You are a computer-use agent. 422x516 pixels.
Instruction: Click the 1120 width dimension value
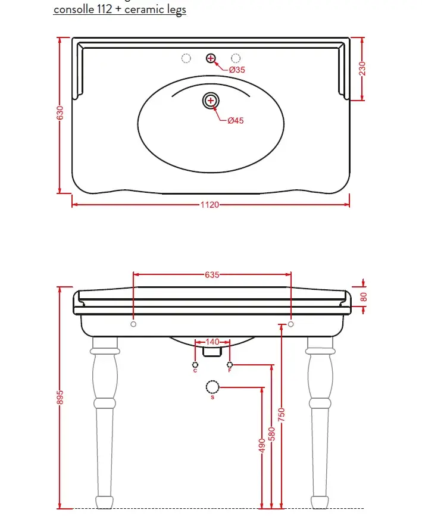[210, 205]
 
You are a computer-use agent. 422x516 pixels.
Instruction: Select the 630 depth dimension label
[60, 113]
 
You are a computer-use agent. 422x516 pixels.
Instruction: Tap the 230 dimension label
[362, 68]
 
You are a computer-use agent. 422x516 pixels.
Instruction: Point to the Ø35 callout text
[237, 70]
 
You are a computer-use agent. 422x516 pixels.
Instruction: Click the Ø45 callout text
[236, 120]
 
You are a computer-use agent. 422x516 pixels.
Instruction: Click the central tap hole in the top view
[211, 58]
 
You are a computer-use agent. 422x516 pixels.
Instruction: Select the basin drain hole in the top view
[211, 101]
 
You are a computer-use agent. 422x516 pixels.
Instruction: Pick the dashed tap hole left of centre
[186, 58]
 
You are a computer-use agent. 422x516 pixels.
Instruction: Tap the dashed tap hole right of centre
[236, 58]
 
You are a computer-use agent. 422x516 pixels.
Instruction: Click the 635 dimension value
[212, 274]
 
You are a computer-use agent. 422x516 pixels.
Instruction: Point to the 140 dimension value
[212, 342]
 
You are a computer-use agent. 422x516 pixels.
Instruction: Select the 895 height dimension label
[60, 397]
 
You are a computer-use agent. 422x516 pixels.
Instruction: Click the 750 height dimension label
[282, 415]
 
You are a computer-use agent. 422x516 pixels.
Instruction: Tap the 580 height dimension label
[271, 434]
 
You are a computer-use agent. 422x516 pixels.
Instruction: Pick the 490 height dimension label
[262, 446]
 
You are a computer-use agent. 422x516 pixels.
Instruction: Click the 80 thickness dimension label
[364, 297]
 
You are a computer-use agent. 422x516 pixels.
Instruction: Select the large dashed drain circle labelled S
[212, 387]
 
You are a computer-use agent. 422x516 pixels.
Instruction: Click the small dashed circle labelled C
[195, 365]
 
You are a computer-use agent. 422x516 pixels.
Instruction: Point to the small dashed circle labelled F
[230, 365]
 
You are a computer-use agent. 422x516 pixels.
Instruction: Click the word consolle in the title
[74, 9]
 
